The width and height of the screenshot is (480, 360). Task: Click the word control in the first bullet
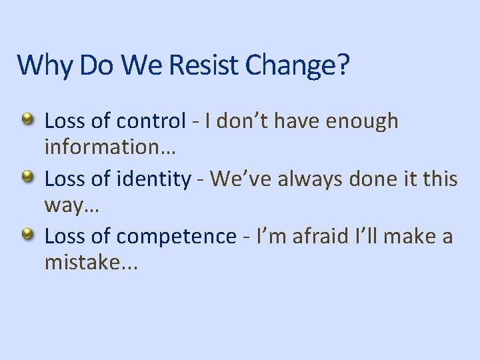[151, 121]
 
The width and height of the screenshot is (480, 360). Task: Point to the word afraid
[312, 237]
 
